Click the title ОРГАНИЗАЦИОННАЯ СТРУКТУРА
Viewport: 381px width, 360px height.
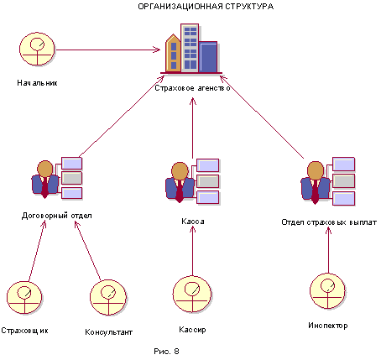206,7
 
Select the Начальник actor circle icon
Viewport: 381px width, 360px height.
37,49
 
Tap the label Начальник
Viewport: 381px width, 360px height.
37,83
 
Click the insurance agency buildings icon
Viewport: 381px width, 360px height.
191,49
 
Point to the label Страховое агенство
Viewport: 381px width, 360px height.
192,88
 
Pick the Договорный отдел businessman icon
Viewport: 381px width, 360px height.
57,178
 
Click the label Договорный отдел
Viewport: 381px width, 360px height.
57,216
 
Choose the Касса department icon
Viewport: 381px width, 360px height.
192,181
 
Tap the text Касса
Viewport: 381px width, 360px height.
193,222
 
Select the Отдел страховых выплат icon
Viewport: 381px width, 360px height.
328,181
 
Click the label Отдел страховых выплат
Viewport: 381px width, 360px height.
329,222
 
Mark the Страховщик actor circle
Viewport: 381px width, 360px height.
24,298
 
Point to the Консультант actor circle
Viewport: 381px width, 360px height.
108,297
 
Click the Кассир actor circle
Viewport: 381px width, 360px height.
192,295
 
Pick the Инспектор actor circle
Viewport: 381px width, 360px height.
327,291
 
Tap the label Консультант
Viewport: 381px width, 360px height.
108,332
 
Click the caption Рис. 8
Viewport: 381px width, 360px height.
166,352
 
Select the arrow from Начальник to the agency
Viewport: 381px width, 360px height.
108,50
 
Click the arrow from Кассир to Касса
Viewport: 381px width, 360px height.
192,251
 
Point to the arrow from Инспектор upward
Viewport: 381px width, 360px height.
328,250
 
